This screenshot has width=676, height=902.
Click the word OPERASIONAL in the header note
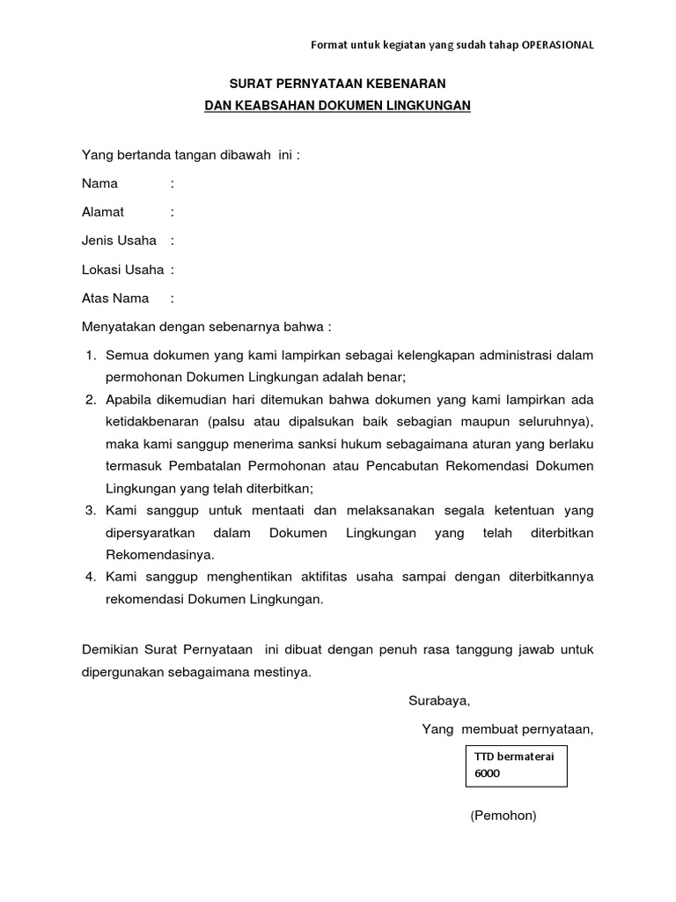tap(551, 45)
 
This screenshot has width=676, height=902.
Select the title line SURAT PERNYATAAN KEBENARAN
tap(338, 84)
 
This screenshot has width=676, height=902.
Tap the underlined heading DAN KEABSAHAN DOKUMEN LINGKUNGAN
tap(338, 106)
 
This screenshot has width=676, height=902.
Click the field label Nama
tap(99, 184)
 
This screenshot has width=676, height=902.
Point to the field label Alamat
tap(103, 212)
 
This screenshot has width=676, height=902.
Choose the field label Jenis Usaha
tap(119, 240)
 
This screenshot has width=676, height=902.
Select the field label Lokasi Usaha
tap(122, 270)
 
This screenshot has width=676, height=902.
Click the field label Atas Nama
tap(115, 298)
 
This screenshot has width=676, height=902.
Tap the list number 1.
tap(90, 355)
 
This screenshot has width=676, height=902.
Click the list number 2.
tap(90, 399)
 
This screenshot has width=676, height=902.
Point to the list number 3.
tap(90, 510)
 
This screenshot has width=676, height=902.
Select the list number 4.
tap(90, 577)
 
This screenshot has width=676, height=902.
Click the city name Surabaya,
tap(439, 701)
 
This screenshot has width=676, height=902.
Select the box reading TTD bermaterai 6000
tap(516, 765)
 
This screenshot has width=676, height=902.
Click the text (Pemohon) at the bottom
tap(503, 816)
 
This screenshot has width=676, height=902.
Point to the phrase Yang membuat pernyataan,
tap(508, 728)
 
